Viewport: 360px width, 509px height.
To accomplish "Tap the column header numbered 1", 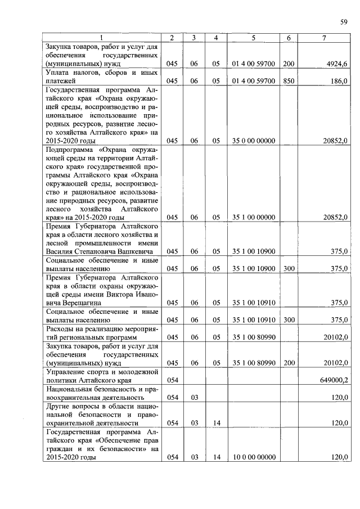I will click(x=101, y=38).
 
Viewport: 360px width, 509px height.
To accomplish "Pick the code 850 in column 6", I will click(x=289, y=81).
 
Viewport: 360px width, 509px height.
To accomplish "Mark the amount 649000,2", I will click(x=334, y=380).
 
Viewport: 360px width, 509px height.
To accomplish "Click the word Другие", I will click(x=59, y=406).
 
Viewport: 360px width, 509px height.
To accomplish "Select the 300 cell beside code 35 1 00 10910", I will click(x=289, y=320).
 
